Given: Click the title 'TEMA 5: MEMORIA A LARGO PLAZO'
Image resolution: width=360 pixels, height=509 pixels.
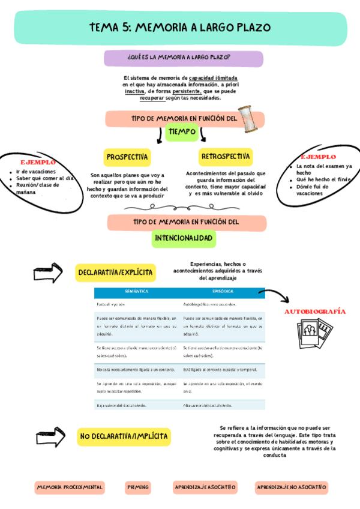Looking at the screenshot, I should point(180,28).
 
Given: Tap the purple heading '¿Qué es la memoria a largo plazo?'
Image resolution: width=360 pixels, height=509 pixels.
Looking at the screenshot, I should point(183,58).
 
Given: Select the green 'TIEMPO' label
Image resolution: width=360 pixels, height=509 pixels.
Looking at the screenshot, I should point(182,131).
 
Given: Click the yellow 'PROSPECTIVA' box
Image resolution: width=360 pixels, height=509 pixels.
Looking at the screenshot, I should point(127,157).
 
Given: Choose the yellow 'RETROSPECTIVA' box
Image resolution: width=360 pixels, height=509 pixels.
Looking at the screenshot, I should point(226,157).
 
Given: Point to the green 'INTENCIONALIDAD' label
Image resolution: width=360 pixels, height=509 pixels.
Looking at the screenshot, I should point(184,238).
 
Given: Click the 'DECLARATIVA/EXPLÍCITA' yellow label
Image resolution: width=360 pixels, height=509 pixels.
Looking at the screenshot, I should point(116,273).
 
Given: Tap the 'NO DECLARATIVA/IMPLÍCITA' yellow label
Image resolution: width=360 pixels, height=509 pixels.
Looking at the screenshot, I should point(124,436).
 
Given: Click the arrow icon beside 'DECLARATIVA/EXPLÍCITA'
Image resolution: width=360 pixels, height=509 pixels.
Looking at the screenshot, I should point(48,273).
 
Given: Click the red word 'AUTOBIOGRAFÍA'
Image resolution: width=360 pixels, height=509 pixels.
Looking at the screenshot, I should point(314,312).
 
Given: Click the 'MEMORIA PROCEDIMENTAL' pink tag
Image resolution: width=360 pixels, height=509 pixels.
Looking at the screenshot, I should point(70,487).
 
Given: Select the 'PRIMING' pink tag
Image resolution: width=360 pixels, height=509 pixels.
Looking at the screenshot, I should point(139,487).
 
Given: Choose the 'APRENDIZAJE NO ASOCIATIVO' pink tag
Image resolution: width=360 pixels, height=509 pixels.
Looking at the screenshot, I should point(291,487).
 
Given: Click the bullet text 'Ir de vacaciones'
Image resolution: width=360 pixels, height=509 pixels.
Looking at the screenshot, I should point(36,172).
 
